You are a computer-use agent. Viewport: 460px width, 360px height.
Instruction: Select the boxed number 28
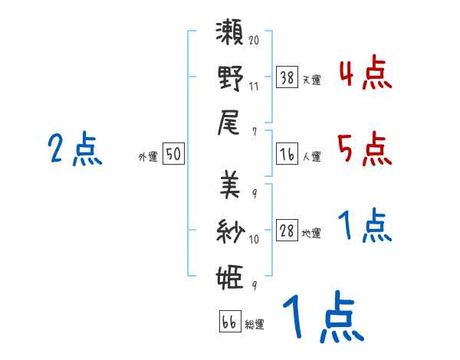click(x=287, y=231)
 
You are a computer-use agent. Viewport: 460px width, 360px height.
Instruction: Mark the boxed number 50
click(x=173, y=154)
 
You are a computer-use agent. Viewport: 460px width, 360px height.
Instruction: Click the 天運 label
click(x=310, y=79)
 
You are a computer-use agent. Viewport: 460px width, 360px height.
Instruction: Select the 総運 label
click(x=254, y=325)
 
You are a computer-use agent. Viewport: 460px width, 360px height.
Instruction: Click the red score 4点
click(x=364, y=74)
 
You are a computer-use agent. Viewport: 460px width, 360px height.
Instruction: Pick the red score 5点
click(x=364, y=149)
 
